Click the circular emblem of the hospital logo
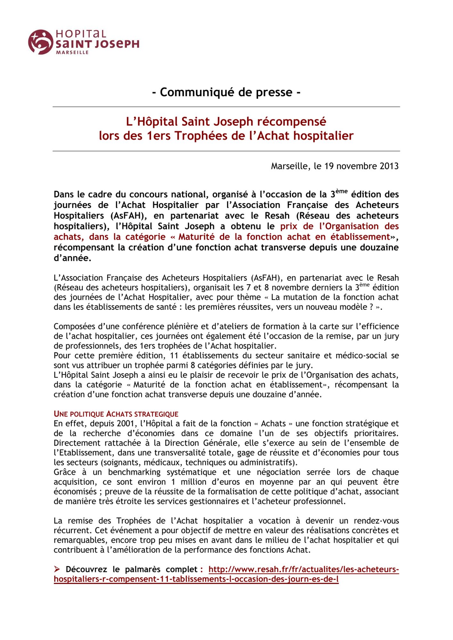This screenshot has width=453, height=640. pos(41,42)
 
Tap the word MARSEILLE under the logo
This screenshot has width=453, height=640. pos(72,52)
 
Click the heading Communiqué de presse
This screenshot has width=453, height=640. pos(226,92)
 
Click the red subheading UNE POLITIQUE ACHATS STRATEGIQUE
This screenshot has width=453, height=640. pos(116,414)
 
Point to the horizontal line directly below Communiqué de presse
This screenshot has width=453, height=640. pos(226,107)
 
